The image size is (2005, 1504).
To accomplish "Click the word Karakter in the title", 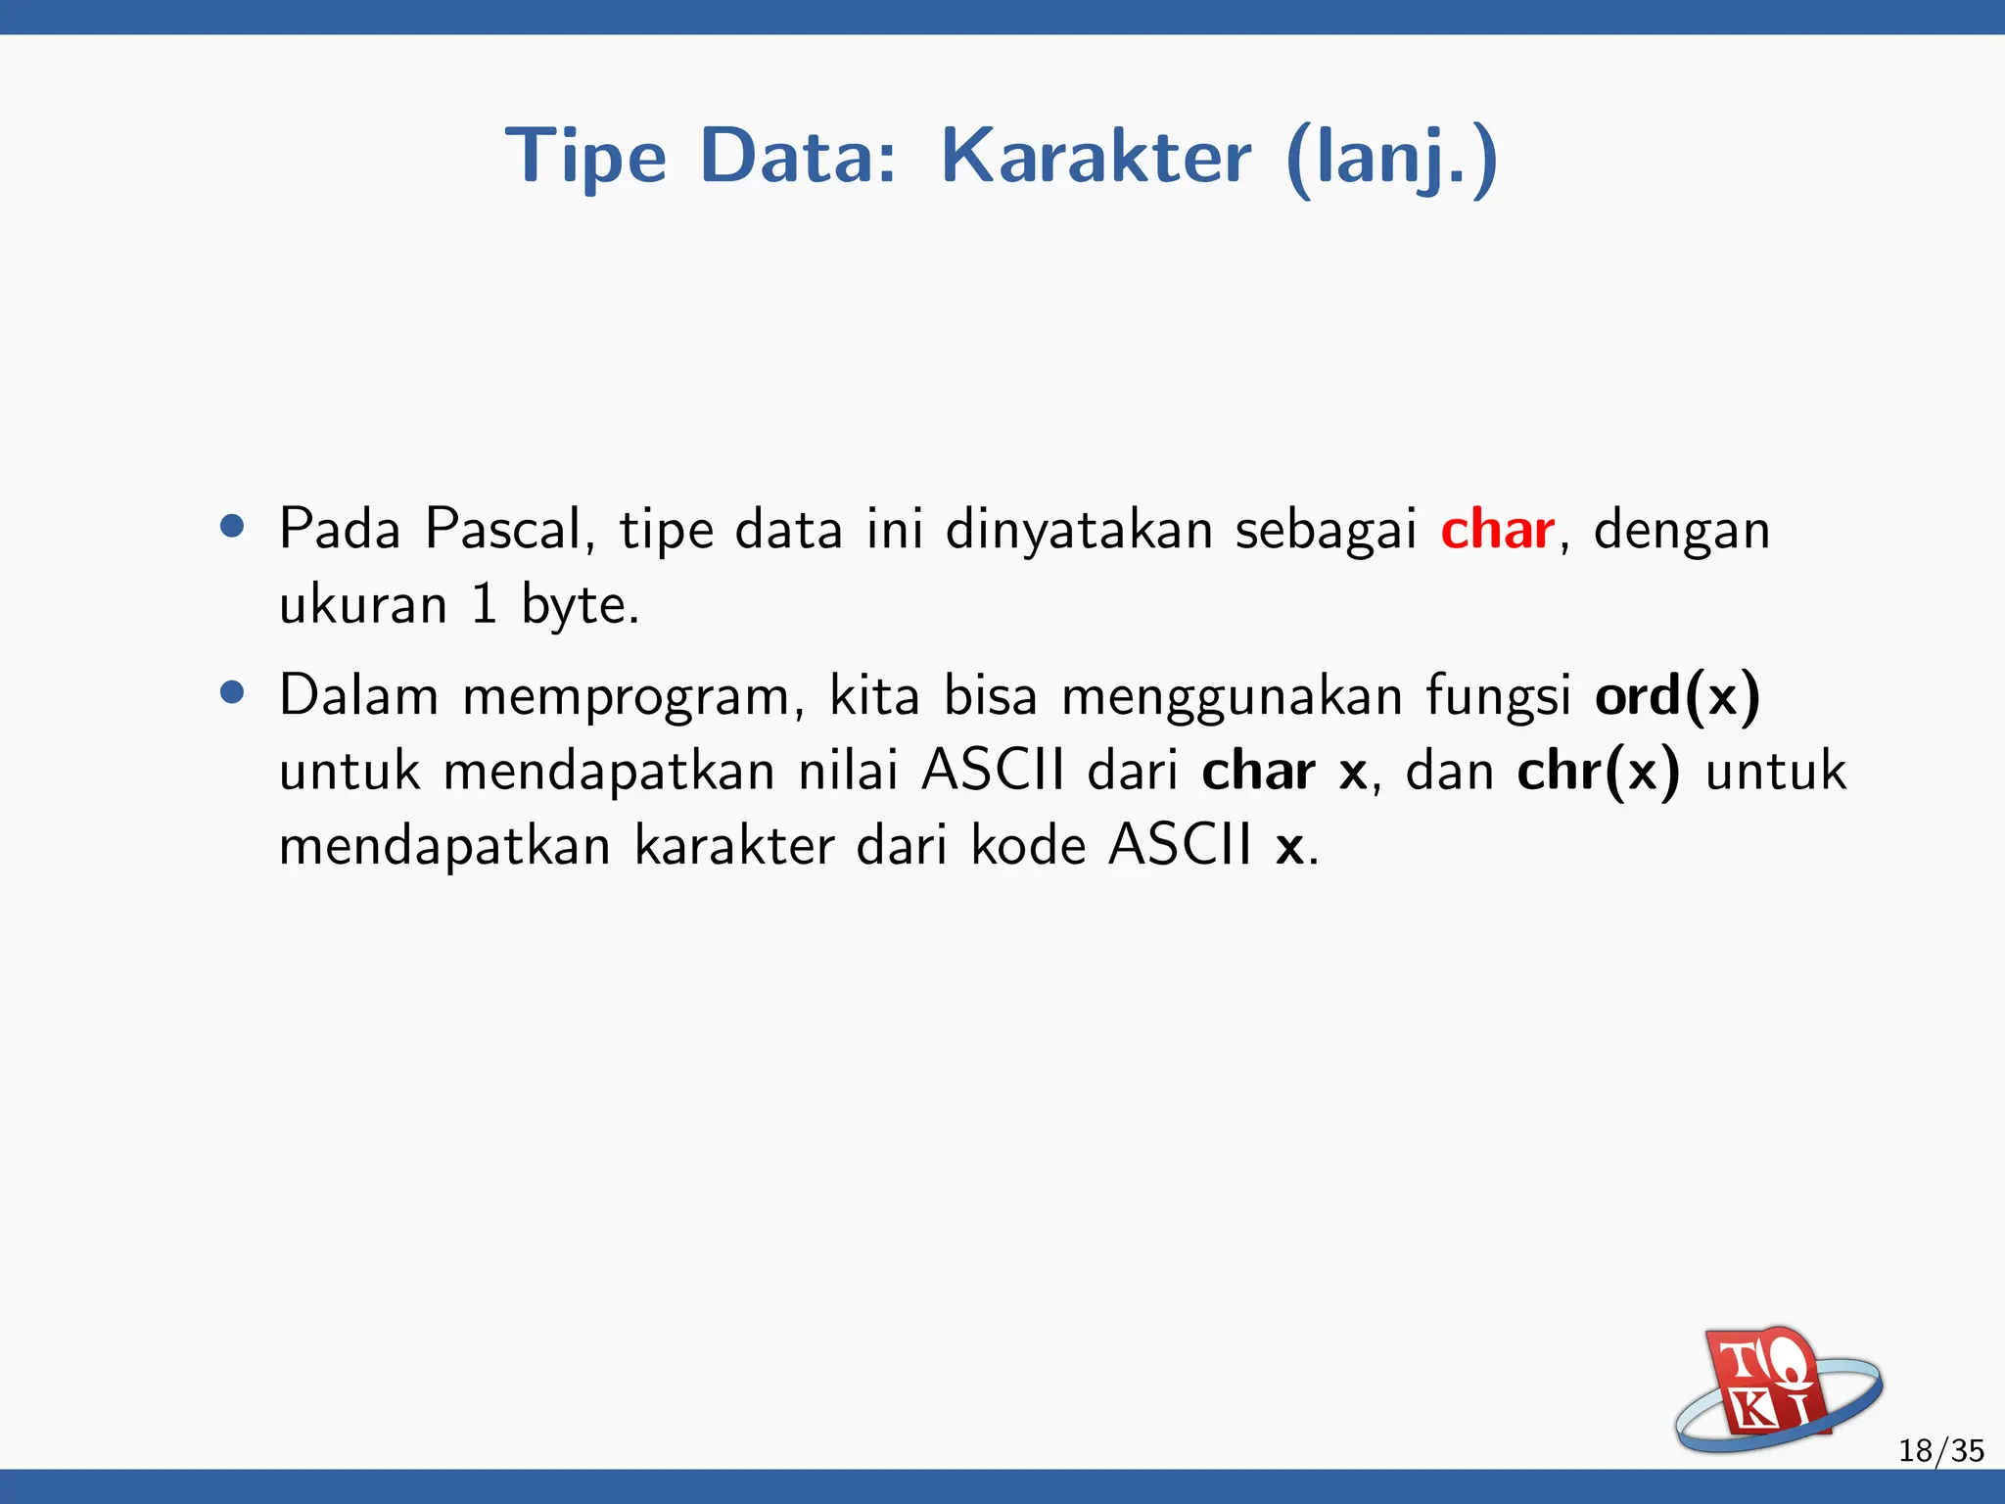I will [1096, 157].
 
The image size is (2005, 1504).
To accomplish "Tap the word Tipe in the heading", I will [585, 157].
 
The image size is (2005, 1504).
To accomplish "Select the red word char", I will [1497, 530].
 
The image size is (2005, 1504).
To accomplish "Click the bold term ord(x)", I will [1677, 695].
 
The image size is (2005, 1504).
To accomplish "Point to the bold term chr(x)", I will [1598, 771].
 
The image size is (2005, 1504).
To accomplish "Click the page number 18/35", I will [1940, 1450].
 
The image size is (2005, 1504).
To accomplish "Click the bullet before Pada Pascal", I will [232, 527].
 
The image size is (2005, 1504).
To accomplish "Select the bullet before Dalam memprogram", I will [232, 693].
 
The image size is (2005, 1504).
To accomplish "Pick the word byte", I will [579, 605].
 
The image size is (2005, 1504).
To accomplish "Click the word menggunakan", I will [1232, 697].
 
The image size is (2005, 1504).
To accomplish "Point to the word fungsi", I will [1498, 697].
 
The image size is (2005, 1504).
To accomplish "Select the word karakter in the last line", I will [734, 846].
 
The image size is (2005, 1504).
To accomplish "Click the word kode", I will [1028, 846].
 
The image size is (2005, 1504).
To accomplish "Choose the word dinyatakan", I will [1078, 530].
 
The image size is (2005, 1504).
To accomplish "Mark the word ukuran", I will [363, 605].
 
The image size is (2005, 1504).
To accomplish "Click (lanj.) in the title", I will [1391, 157].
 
